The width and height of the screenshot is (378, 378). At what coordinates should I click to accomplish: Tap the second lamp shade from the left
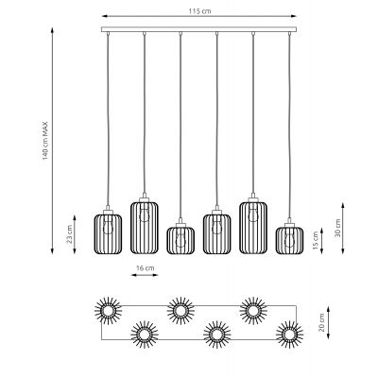[143, 228]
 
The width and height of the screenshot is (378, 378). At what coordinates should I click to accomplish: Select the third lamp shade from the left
[180, 240]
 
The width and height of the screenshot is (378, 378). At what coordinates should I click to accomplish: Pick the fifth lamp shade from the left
[253, 228]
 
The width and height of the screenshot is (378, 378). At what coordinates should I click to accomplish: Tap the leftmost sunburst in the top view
[107, 309]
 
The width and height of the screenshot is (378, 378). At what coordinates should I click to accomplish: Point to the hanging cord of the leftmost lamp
[108, 123]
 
